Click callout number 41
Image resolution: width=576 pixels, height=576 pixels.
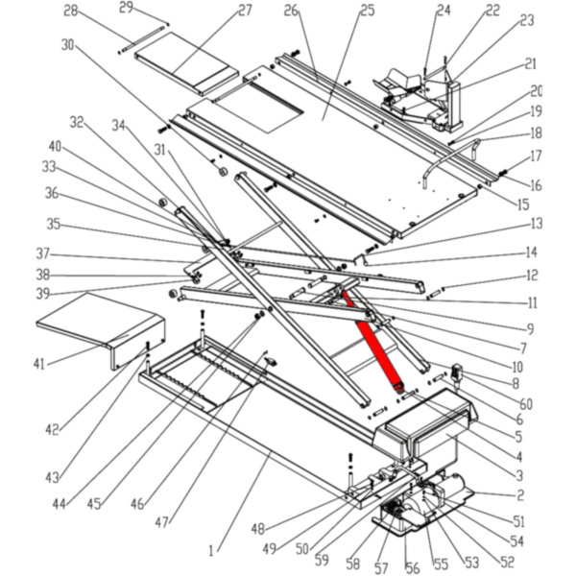[x=39, y=363]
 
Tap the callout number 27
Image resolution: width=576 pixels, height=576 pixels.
[x=245, y=11]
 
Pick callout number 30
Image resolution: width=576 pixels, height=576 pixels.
[x=67, y=44]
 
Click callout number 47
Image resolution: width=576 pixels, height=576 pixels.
[x=160, y=522]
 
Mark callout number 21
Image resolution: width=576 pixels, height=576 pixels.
[x=531, y=63]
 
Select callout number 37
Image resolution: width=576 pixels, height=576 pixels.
[x=42, y=255]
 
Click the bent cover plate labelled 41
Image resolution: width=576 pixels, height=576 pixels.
[x=96, y=322]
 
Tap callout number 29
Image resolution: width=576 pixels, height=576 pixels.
[x=127, y=9]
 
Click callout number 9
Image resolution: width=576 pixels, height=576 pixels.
[x=529, y=329]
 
